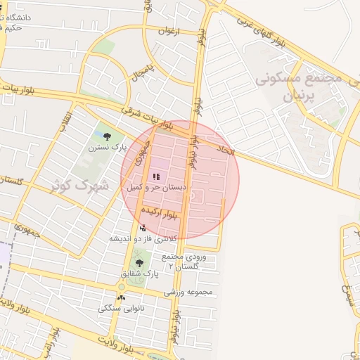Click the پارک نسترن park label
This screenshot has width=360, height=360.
pos(106,148)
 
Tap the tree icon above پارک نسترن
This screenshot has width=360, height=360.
pos(107,136)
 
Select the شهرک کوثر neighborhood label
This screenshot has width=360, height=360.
pos(82,186)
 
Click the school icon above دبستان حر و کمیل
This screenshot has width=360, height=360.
pos(155,176)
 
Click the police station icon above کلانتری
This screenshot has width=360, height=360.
pos(143,227)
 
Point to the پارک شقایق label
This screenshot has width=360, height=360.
pos(139,274)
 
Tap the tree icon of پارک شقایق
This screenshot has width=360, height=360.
pos(139,262)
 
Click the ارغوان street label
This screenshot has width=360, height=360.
pos(169,32)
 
